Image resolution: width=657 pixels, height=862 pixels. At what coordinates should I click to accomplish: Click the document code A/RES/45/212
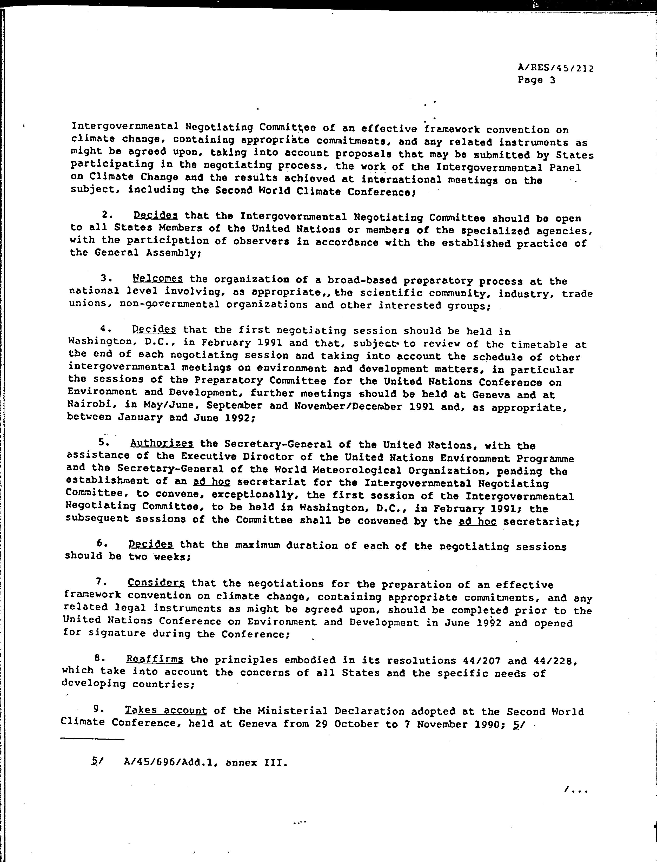pos(555,68)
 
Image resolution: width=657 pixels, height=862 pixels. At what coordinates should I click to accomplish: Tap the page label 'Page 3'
pos(536,80)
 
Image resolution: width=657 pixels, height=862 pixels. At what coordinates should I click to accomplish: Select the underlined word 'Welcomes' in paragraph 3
pos(158,279)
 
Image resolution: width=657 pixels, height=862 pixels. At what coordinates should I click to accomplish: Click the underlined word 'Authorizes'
pos(162,444)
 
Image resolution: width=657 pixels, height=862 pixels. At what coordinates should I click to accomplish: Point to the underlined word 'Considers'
pos(156,583)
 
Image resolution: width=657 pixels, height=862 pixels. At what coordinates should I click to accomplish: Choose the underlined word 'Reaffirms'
pos(155,659)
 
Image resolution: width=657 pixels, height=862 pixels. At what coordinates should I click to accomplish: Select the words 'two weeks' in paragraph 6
pos(158,557)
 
